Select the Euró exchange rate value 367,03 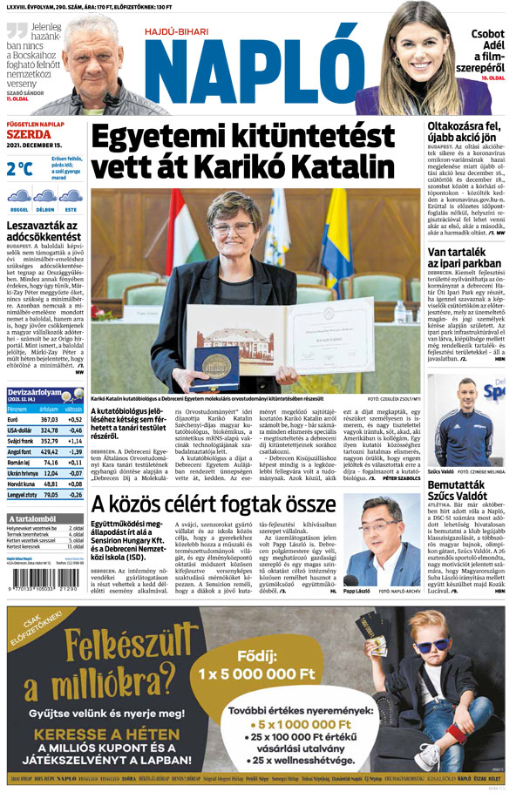pos(49,419)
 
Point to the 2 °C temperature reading pos(18,168)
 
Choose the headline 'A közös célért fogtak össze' pos(214,504)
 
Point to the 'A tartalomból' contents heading pos(32,518)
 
